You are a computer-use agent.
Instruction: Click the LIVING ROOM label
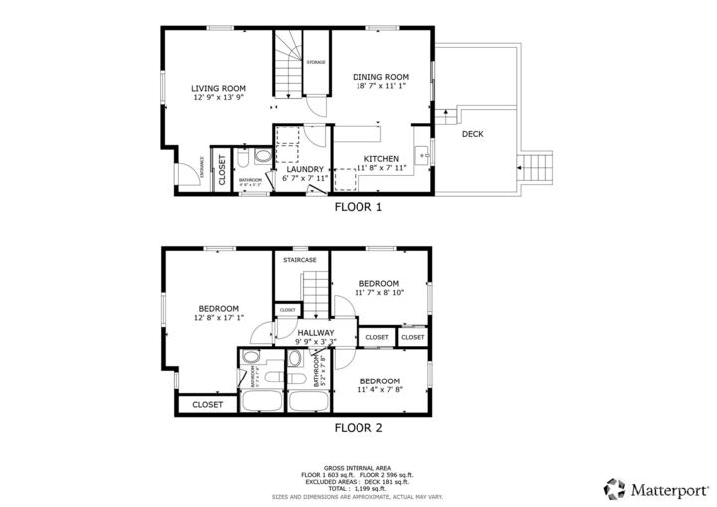[218, 88]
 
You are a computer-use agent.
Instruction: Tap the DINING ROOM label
[381, 77]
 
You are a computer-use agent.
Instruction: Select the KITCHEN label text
[381, 159]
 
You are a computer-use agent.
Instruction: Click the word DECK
[472, 133]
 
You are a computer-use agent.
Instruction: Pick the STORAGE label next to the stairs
[315, 63]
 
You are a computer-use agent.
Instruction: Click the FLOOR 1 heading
[358, 208]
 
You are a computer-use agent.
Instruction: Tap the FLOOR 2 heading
[358, 428]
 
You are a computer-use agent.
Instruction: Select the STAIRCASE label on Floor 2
[300, 260]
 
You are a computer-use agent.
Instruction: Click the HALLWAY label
[315, 332]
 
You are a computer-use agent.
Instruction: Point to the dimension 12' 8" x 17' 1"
[219, 319]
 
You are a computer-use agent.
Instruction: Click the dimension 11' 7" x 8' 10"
[379, 293]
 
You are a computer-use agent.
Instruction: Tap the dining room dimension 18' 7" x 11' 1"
[381, 87]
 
